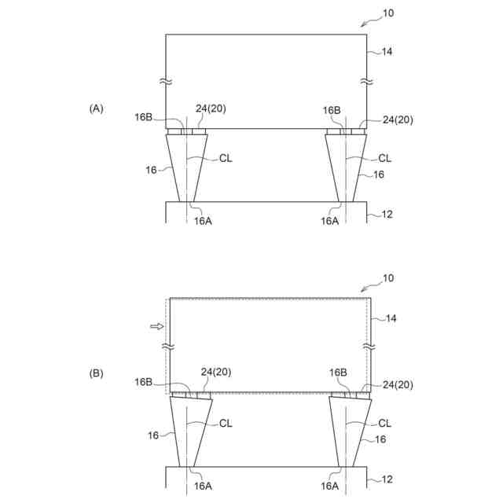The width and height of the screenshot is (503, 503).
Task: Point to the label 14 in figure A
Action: click(387, 52)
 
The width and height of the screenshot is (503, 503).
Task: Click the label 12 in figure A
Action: click(387, 215)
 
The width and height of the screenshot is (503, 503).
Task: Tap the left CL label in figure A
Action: click(225, 158)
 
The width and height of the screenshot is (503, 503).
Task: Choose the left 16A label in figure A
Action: click(202, 221)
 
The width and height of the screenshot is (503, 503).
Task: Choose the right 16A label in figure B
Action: click(329, 486)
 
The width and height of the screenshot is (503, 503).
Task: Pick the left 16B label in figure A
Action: click(143, 117)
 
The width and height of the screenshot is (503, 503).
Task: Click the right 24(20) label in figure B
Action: click(397, 384)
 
